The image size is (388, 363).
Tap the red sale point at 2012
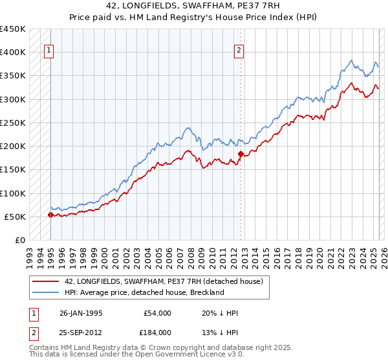coord(241,154)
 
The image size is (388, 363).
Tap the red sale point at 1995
coord(50,215)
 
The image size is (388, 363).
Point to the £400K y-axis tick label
coord(13,53)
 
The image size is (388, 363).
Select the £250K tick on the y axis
coord(13,123)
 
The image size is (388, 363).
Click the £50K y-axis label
coord(16,217)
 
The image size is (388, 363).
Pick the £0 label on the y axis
coord(20,240)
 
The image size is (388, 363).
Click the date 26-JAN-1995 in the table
coord(81,313)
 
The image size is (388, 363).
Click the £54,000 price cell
coord(157,313)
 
